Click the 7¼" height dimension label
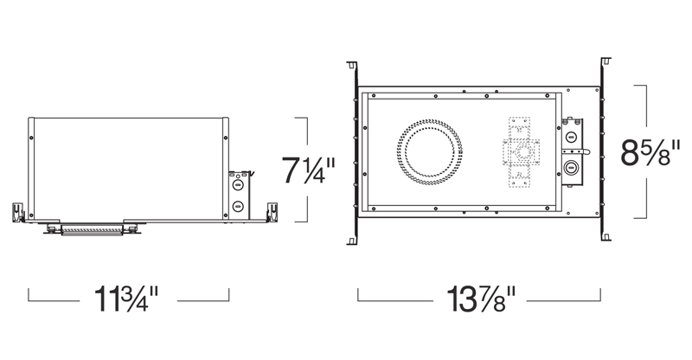click(x=309, y=170)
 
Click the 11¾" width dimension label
click(x=126, y=299)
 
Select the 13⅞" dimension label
click(x=481, y=299)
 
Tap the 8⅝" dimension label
click(x=650, y=152)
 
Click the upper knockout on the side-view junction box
click(x=238, y=184)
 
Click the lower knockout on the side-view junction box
click(x=238, y=205)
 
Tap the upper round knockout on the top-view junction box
click(x=571, y=137)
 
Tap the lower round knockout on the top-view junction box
click(x=572, y=167)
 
